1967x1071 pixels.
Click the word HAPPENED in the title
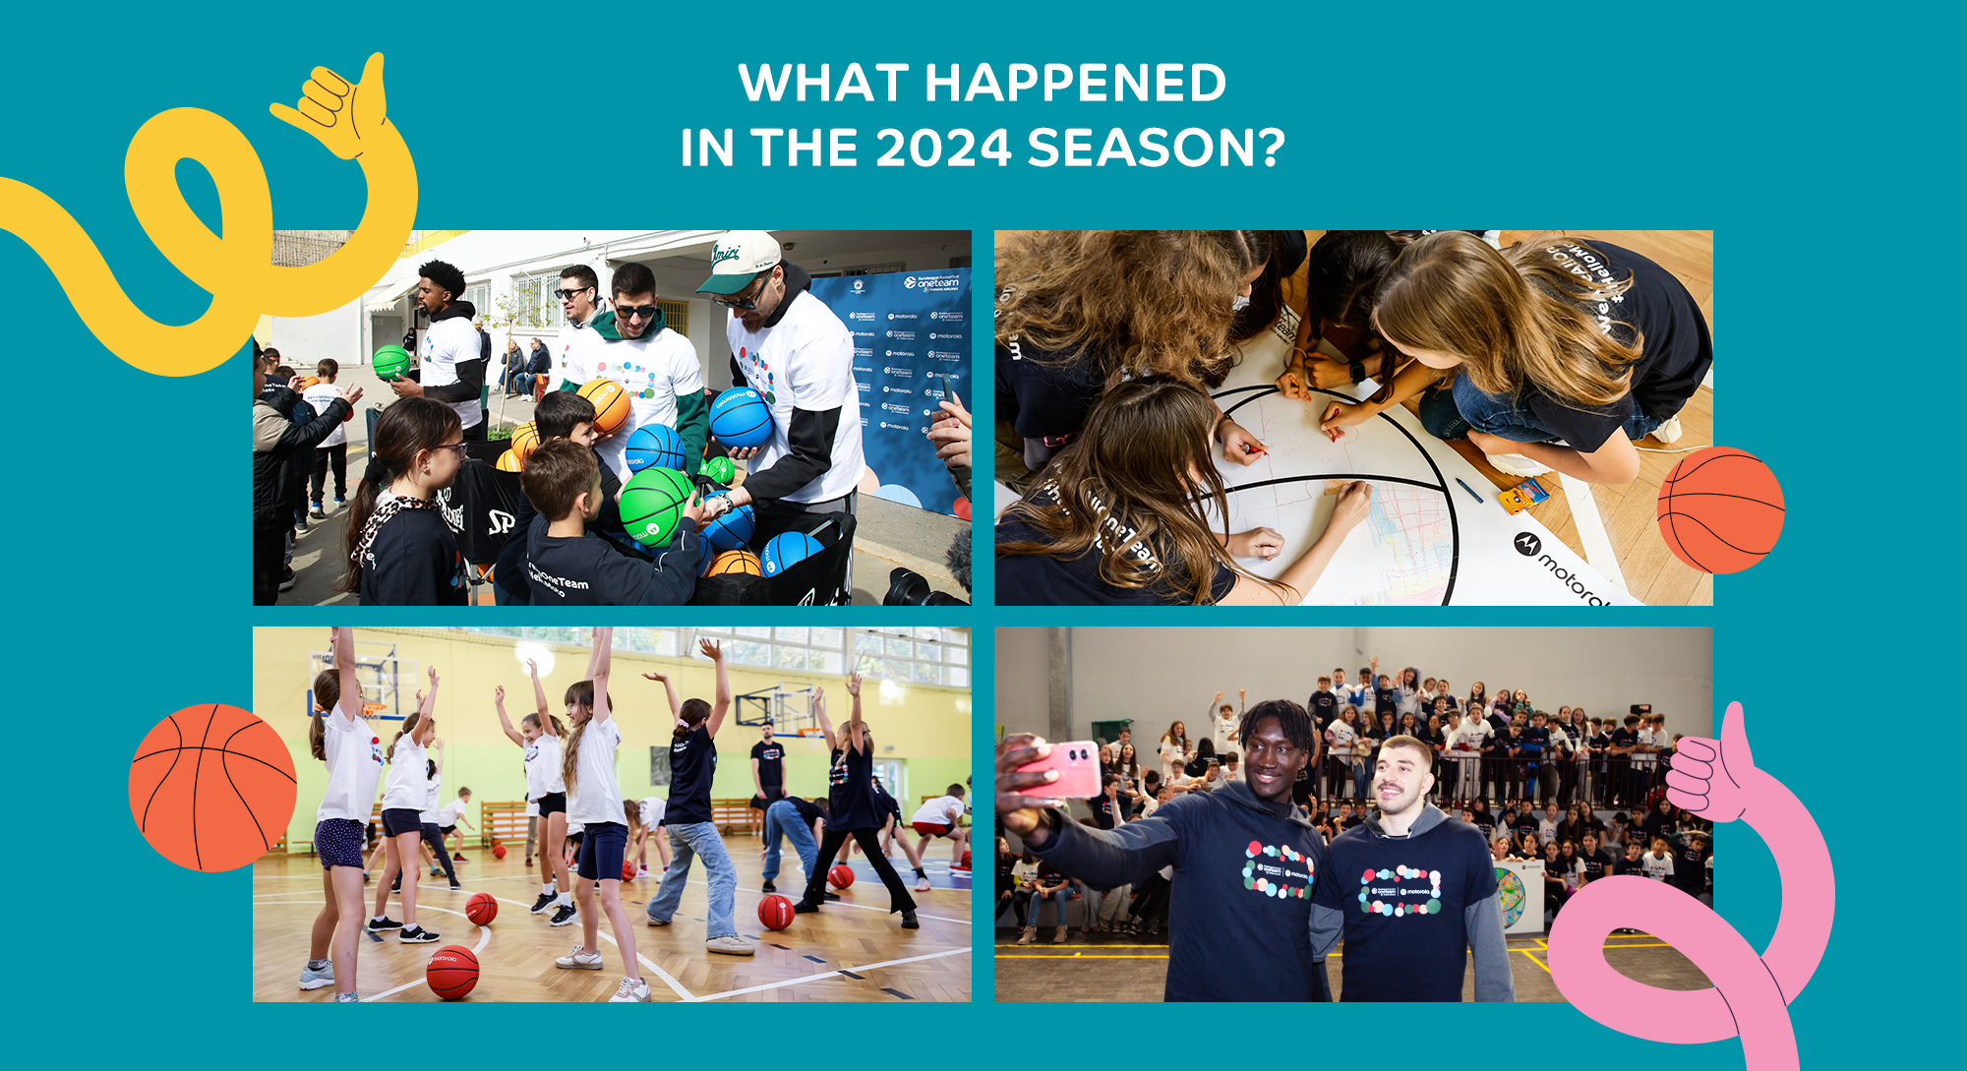pos(1075,84)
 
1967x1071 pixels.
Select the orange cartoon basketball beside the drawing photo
pos(1720,509)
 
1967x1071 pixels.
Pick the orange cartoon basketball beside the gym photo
pos(212,787)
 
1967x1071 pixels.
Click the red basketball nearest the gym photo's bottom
pos(452,972)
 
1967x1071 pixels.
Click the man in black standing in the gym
pos(767,767)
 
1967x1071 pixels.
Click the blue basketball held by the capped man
pos(742,417)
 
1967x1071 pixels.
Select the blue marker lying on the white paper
pos(1468,489)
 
